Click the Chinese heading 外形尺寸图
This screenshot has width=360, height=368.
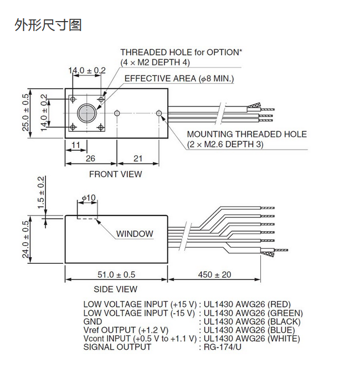(48, 25)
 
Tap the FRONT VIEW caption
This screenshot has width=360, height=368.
(116, 174)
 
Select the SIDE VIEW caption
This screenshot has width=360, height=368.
(116, 289)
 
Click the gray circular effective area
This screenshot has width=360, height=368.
(86, 113)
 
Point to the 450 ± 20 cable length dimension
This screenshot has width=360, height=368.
(214, 274)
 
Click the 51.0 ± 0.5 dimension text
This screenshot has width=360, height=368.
(116, 274)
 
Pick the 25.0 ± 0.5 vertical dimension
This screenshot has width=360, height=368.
(25, 113)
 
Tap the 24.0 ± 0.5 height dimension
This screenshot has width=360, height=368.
(25, 239)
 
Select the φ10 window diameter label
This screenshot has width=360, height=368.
(88, 198)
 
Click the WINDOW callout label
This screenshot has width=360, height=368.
(135, 233)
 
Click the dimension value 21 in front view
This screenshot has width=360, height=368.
(138, 159)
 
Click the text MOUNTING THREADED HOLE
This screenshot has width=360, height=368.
(246, 134)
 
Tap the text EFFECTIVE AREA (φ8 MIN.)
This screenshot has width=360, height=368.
(179, 79)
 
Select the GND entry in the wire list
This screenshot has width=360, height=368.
(92, 321)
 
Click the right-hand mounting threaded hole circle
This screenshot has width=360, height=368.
(160, 113)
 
